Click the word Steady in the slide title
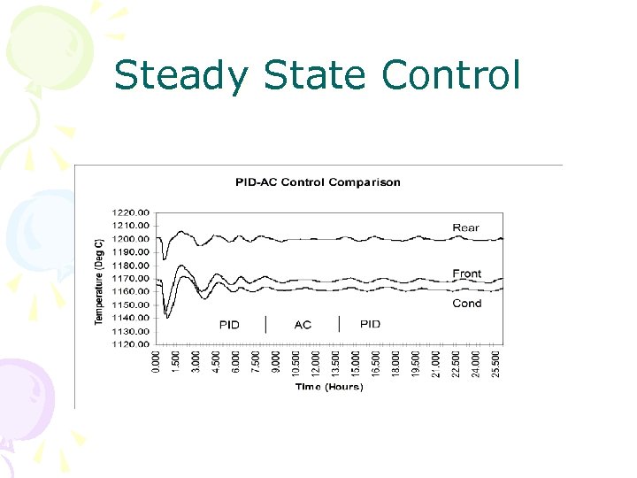(182, 75)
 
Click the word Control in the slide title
(451, 75)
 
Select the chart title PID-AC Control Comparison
(318, 182)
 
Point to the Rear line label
(466, 227)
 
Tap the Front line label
(467, 274)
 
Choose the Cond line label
(467, 303)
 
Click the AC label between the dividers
(303, 324)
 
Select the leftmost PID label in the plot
(229, 324)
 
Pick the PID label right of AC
(371, 324)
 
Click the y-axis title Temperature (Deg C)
(99, 280)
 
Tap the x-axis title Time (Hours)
(330, 387)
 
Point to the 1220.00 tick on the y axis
(132, 212)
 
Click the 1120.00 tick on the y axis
(132, 344)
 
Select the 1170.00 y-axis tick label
(132, 279)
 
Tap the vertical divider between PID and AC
(266, 323)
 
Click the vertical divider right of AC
(340, 323)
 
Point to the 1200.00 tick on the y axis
(132, 239)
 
